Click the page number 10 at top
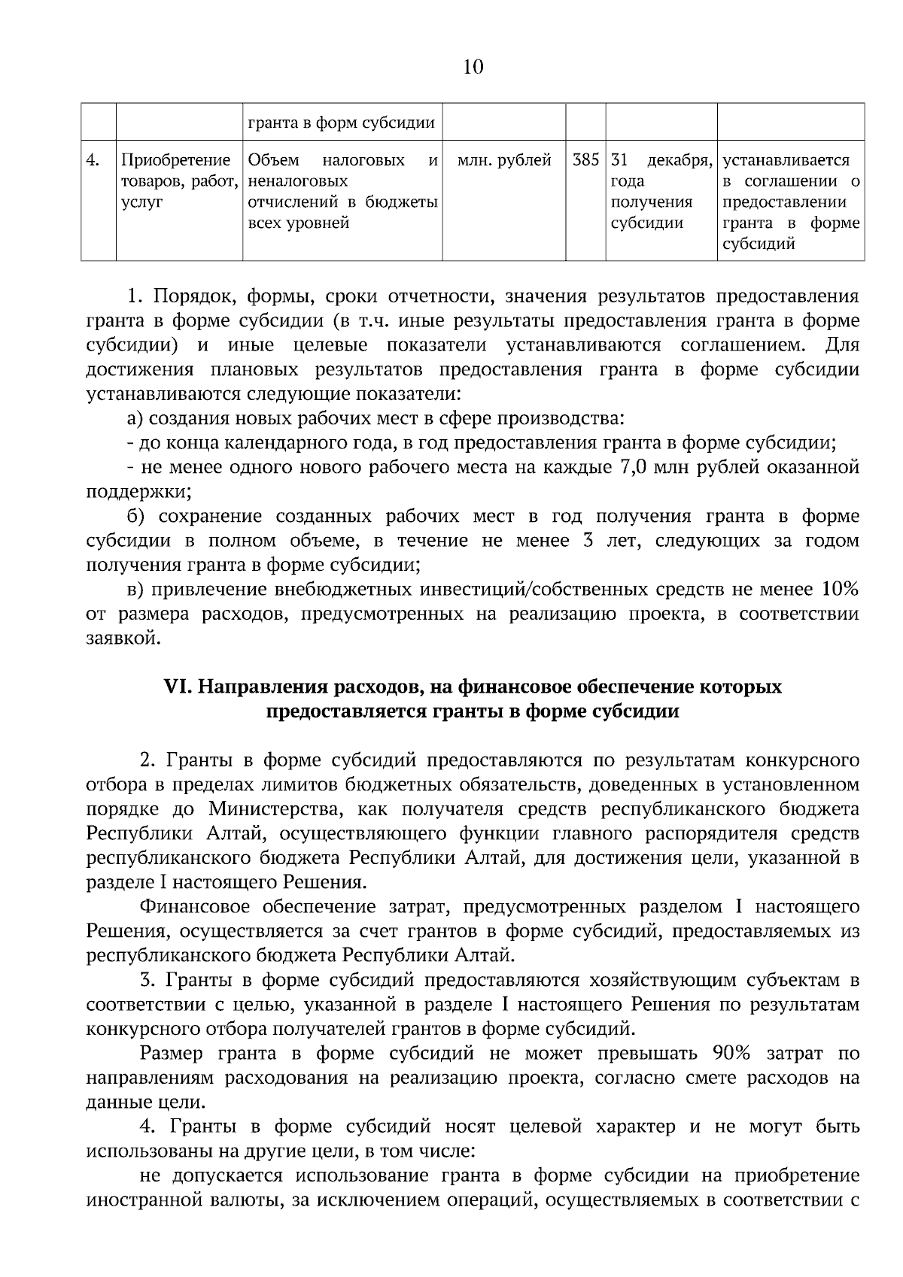coord(473,67)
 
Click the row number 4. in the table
coord(93,160)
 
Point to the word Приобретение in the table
coord(175,160)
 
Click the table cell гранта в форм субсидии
coord(341,123)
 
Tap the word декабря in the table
coord(680,160)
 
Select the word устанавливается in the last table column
coord(786,160)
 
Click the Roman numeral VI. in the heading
coord(179,687)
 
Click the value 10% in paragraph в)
coord(840,590)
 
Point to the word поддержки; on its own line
coord(138,492)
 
